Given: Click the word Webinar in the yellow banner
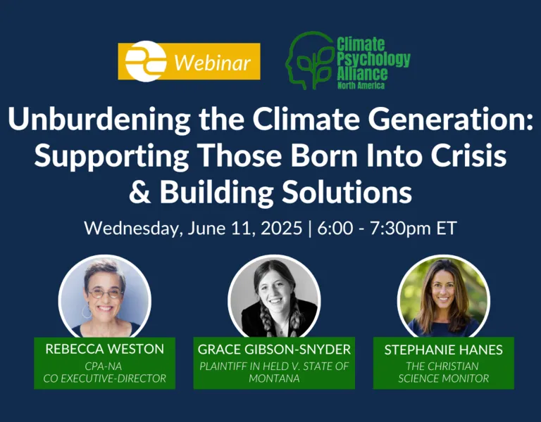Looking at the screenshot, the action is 213,63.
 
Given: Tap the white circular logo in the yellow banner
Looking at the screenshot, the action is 146,61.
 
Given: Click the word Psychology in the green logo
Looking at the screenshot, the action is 373,59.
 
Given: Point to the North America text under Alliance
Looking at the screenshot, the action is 361,85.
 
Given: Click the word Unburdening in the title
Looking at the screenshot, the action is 99,119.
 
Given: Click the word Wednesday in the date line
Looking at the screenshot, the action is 133,229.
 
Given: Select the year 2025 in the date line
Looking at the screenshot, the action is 281,228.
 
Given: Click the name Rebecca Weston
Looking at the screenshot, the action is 104,349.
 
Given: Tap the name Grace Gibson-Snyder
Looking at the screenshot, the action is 274,350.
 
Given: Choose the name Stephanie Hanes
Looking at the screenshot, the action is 443,350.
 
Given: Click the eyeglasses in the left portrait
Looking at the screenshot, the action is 106,293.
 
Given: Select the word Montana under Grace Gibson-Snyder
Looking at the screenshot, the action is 274,378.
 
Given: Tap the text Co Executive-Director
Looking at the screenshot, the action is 104,378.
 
